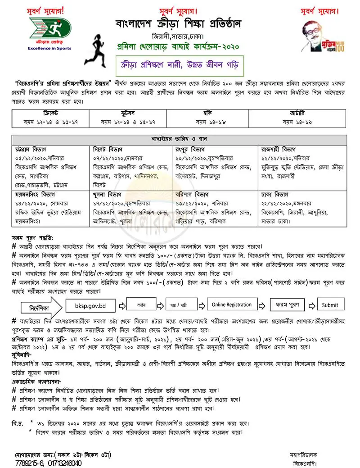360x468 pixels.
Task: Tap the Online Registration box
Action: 232,304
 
